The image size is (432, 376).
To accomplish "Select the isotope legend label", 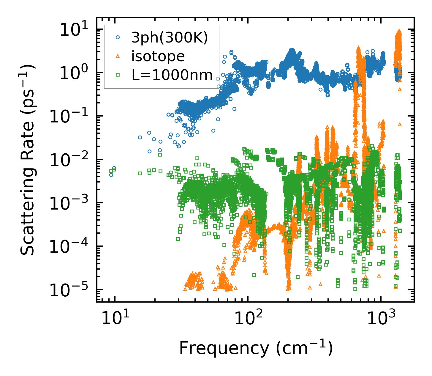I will point(158,56).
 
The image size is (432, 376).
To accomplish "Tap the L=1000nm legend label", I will point(172,75).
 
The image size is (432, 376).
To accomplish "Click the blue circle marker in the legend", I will point(118,38).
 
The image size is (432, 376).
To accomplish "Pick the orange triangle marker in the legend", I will point(118,56).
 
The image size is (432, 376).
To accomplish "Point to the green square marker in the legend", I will point(118,75).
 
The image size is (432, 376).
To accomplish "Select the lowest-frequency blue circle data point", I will point(111,175).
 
